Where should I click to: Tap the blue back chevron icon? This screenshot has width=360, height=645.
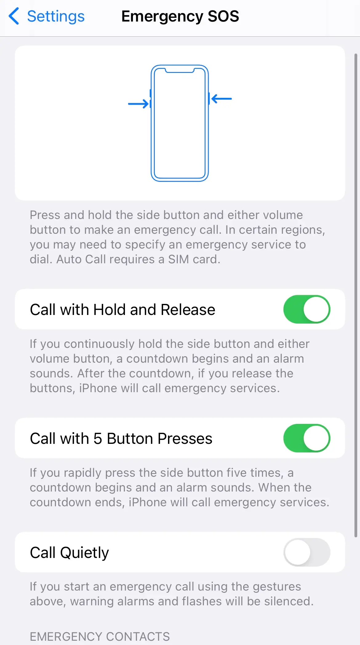(x=14, y=16)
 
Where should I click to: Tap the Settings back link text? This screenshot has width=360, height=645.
(x=56, y=16)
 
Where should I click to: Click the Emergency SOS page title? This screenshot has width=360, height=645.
(x=180, y=16)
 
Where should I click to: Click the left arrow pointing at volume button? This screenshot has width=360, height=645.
(x=138, y=104)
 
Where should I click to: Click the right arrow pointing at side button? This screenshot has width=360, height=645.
(x=222, y=99)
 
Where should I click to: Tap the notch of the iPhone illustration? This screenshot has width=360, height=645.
(x=180, y=71)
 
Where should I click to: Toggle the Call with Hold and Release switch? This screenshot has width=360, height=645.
(x=306, y=309)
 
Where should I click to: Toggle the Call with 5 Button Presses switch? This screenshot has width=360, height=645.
(x=306, y=438)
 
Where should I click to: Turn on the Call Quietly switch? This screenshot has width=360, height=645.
(x=306, y=552)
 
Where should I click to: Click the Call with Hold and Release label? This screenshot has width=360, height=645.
(x=122, y=310)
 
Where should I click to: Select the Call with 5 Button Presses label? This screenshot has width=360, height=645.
(x=121, y=439)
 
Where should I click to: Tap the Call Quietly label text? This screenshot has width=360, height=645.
(x=69, y=553)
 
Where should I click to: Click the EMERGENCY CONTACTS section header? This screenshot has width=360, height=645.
(x=100, y=636)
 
